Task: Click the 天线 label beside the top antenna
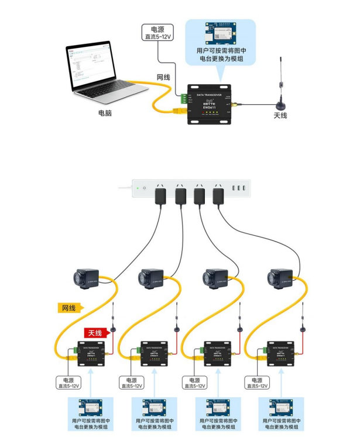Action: click(280, 115)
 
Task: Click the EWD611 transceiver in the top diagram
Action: click(208, 105)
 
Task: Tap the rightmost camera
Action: click(280, 278)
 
